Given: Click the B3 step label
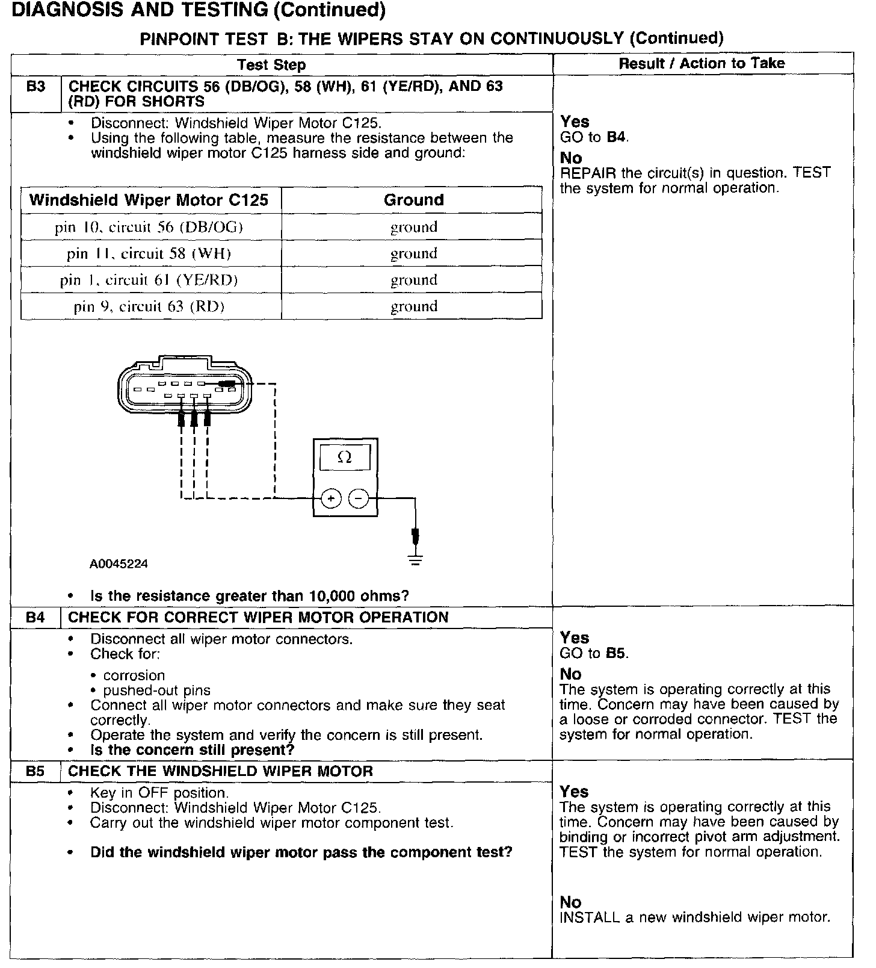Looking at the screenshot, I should [x=36, y=87].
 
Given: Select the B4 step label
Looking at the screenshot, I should [x=35, y=618].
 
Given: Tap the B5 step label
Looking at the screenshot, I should [x=35, y=771].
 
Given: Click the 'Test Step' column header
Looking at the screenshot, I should [x=271, y=65].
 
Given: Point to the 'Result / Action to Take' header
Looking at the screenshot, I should [x=702, y=63].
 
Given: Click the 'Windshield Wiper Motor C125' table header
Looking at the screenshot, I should [x=149, y=200].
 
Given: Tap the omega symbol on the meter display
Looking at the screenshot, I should [x=345, y=458].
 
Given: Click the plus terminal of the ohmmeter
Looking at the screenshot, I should [x=331, y=498].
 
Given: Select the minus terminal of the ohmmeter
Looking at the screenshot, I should [x=359, y=498].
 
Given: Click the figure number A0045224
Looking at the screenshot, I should [x=119, y=564].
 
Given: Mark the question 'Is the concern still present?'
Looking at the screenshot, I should [x=192, y=750].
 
